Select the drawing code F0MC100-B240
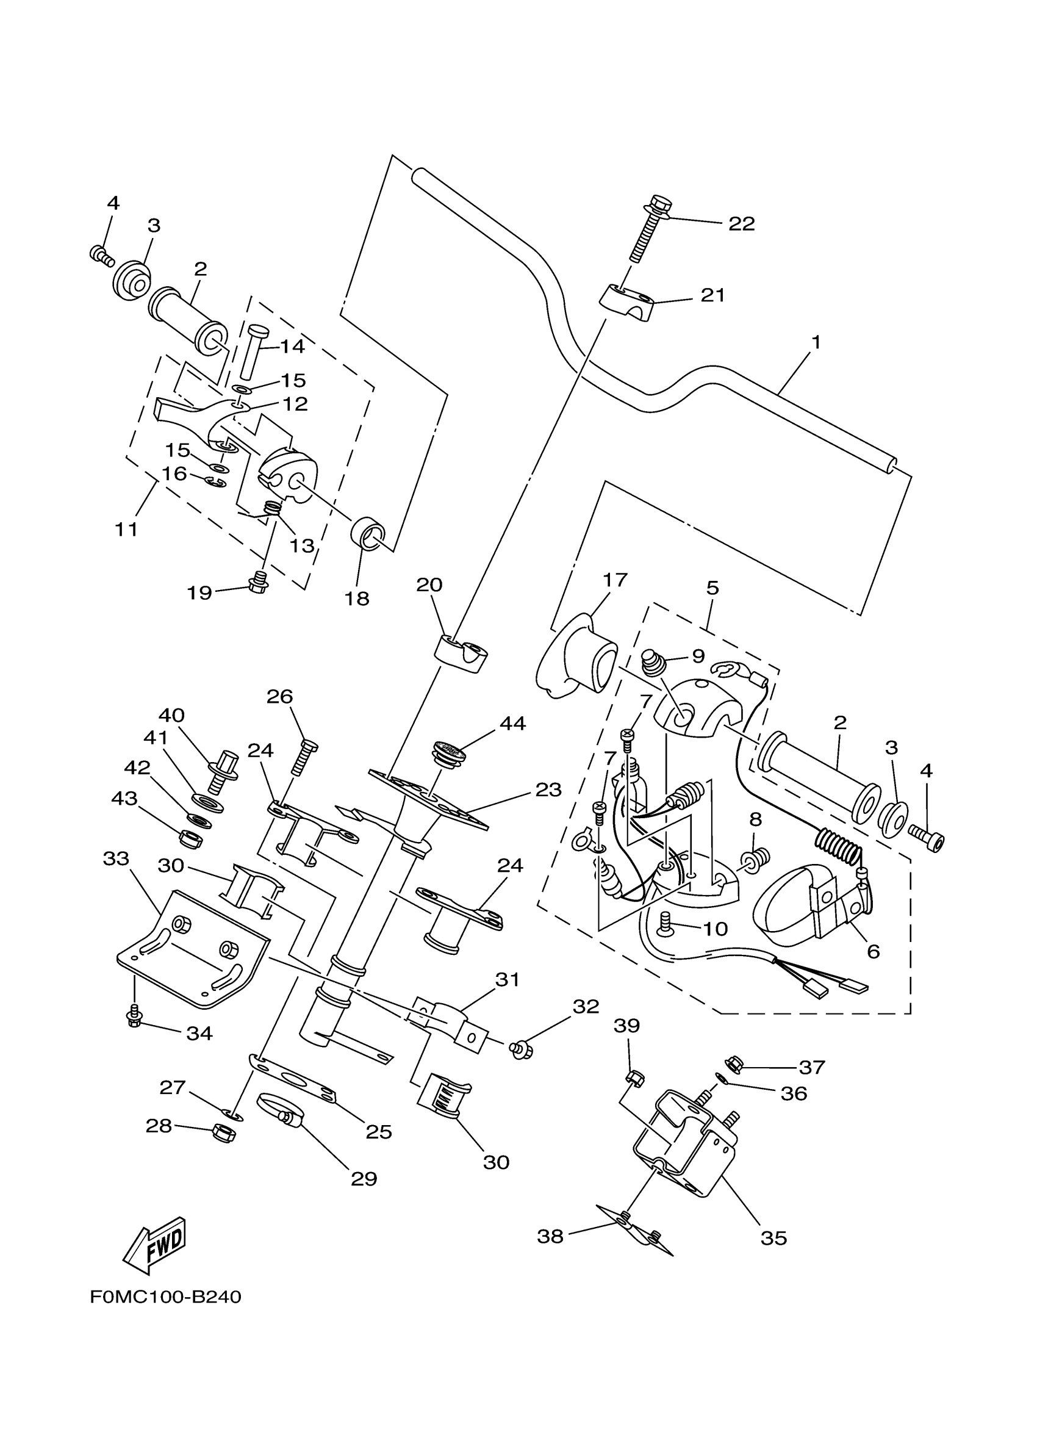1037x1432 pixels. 165,1297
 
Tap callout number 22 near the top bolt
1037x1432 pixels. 742,224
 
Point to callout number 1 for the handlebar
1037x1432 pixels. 816,343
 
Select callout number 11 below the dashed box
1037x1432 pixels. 126,528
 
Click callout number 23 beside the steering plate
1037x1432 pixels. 548,790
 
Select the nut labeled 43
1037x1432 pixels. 189,838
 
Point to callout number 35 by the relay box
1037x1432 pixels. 774,1238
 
